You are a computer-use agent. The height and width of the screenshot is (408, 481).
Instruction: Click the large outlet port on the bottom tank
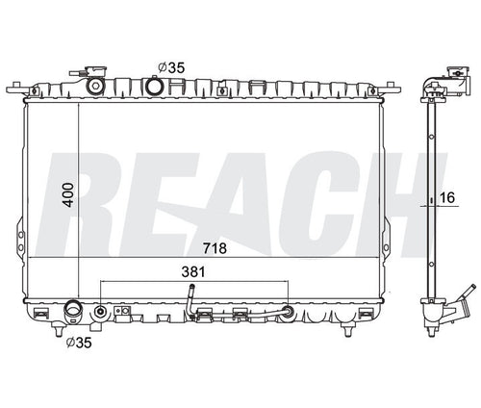point(74,313)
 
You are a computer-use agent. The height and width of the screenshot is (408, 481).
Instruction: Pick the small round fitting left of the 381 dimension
point(102,312)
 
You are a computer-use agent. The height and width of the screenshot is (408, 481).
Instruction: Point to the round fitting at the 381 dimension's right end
point(287,311)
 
